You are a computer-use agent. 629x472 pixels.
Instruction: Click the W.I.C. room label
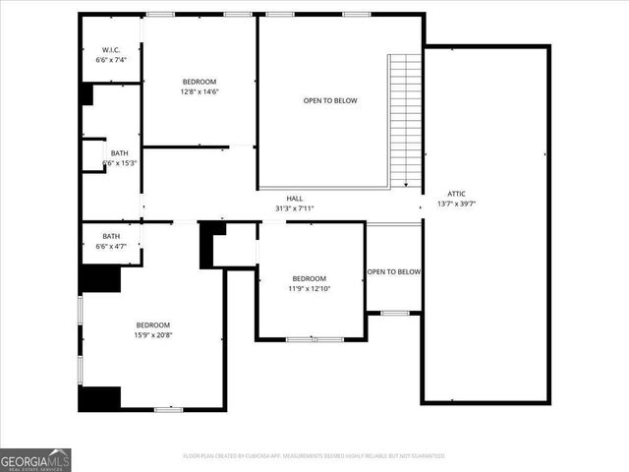coord(110,50)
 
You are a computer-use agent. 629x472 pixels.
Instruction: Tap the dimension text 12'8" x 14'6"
coord(199,91)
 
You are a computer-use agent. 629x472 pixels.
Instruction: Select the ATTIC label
coord(456,194)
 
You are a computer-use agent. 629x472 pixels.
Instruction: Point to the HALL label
coord(295,198)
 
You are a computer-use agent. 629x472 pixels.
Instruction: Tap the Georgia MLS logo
coord(35,459)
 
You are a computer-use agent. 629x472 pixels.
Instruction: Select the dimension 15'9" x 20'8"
coord(153,335)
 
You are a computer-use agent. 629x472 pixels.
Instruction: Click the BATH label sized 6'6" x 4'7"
coord(111,236)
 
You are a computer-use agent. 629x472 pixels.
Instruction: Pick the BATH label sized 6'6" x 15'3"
coord(119,153)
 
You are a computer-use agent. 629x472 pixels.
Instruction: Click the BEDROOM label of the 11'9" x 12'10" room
coord(309,278)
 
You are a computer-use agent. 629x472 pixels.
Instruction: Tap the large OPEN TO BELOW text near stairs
coord(330,101)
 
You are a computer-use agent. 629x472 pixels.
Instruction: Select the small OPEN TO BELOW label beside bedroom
coord(394,271)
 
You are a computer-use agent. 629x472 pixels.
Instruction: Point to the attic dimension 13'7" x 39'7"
coord(456,204)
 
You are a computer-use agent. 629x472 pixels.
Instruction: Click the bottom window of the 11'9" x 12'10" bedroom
coord(314,339)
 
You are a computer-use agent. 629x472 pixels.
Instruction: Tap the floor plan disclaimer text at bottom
coord(314,455)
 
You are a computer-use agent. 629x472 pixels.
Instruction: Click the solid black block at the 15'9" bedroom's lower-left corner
coord(99,398)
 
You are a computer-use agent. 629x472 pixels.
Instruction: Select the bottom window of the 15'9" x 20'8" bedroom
coord(168,409)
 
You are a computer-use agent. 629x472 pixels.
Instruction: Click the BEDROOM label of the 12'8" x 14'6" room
coord(199,82)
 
